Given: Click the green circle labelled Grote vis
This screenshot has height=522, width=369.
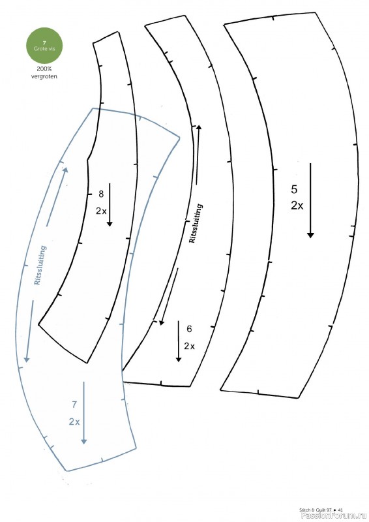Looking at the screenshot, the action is (x=44, y=46).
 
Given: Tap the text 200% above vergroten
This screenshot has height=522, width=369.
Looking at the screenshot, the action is (x=44, y=69).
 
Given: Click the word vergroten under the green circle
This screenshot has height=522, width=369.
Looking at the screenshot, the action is (x=44, y=76).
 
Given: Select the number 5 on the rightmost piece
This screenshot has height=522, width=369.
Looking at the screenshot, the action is (x=294, y=189).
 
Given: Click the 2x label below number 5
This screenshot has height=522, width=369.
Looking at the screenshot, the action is (x=297, y=206).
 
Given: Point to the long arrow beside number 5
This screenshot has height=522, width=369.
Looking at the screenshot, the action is (x=310, y=200).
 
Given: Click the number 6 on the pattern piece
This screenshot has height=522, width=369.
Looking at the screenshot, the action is (x=189, y=329).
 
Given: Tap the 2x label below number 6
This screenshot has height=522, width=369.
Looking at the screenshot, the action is (x=189, y=346).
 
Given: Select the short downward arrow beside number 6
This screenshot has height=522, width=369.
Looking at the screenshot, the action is (x=179, y=341).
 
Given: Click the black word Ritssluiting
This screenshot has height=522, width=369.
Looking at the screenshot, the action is (x=196, y=223).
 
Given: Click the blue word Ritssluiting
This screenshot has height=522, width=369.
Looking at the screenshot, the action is (x=40, y=266).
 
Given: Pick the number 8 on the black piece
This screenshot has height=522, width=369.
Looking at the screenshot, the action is (x=101, y=194).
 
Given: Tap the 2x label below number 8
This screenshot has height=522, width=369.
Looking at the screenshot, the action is (x=101, y=211).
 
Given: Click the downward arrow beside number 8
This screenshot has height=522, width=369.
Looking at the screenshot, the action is (x=110, y=205).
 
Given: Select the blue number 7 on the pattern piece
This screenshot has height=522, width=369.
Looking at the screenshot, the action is (x=74, y=405).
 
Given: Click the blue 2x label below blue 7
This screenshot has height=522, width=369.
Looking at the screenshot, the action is (x=74, y=422).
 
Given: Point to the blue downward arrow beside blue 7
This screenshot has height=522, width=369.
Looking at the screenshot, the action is (x=84, y=413).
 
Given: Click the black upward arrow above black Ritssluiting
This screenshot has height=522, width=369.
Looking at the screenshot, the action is (x=198, y=154).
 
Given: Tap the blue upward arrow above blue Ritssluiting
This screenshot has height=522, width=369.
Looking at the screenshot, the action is (x=56, y=196).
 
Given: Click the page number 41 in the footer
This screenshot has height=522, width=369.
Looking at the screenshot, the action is (x=340, y=510).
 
